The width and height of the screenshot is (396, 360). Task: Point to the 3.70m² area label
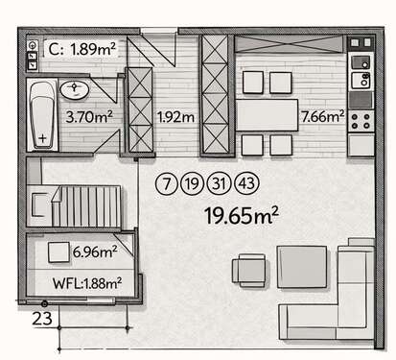[x=89, y=118]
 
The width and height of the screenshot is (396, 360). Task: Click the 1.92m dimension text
[x=175, y=118]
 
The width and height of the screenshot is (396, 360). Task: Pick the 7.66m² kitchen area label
[x=321, y=118]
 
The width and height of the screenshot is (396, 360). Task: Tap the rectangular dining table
[x=268, y=115]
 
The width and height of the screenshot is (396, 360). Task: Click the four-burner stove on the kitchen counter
[x=361, y=121]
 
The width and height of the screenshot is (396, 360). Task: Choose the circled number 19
[x=192, y=182]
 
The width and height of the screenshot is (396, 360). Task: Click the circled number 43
[x=247, y=182]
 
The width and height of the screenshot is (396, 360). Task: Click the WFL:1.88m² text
[x=85, y=282]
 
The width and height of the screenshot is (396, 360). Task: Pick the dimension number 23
[x=42, y=315]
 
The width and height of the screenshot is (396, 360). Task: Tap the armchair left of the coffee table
[x=250, y=270]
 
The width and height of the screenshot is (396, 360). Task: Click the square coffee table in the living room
[x=302, y=265]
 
